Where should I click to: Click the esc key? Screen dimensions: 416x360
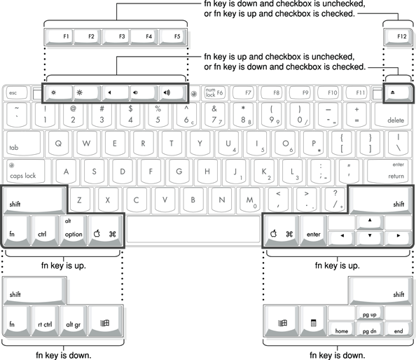(17, 93)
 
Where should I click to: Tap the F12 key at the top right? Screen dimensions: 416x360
(397, 37)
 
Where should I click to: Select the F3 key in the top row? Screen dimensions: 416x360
(116, 37)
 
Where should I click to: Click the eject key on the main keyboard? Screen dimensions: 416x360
(398, 93)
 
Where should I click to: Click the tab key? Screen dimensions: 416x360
(24, 144)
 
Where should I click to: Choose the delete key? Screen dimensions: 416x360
(393, 115)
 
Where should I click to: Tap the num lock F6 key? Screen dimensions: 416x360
(214, 92)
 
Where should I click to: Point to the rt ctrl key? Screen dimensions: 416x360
(45, 321)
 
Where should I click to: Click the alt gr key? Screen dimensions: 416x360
(74, 321)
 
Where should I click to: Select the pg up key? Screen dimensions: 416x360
(370, 313)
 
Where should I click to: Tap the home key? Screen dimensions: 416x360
(342, 328)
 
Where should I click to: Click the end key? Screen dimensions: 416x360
(398, 328)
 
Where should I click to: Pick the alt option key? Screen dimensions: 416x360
(74, 230)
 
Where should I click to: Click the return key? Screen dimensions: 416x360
(389, 171)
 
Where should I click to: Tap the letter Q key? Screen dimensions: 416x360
(58, 144)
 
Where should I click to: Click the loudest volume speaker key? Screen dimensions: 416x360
(172, 93)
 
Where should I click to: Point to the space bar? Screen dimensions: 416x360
(193, 229)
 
